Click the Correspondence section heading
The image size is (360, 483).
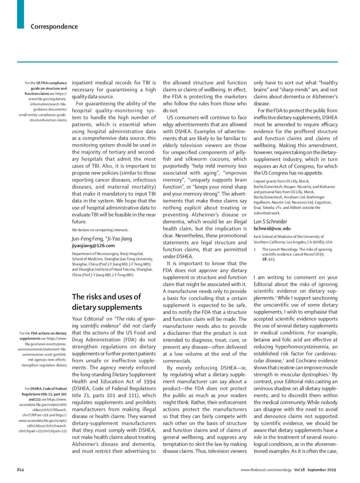tap(54, 27)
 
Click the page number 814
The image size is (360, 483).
tap(20, 470)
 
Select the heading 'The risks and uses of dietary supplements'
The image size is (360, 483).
tap(107, 302)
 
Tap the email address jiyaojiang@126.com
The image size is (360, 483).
tap(93, 245)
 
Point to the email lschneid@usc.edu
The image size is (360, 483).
tap(272, 229)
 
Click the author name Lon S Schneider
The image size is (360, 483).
tap(270, 222)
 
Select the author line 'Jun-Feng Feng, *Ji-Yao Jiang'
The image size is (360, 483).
tap(102, 239)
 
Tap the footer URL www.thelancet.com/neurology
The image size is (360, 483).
tap(266, 470)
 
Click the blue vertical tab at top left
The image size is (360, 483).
tap(20, 14)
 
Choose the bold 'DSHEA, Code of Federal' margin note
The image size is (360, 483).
tap(49, 389)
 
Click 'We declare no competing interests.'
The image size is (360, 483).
tap(100, 230)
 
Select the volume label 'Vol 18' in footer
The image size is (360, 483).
tap(299, 470)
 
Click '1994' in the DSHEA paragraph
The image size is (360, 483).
tap(150, 381)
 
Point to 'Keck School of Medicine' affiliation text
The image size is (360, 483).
tap(275, 237)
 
